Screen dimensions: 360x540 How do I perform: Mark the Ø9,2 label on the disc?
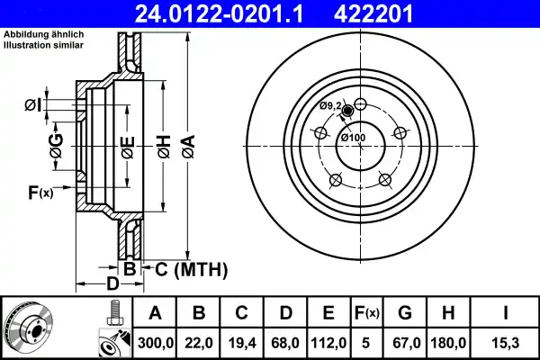330,106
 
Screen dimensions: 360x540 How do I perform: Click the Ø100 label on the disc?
352,137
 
